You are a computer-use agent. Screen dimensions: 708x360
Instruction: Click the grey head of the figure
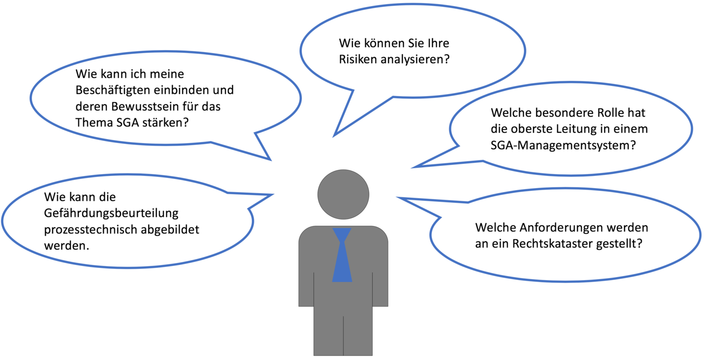(x=343, y=194)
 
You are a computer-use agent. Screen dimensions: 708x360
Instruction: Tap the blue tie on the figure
(x=342, y=255)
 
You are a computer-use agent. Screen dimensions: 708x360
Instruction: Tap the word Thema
(x=94, y=122)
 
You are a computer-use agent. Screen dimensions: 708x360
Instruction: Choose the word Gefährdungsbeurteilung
(x=111, y=213)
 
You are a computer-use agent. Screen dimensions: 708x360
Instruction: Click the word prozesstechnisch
(x=90, y=230)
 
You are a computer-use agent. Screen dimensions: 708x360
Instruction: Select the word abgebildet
(x=170, y=230)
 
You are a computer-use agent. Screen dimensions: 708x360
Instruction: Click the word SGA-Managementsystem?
(x=563, y=146)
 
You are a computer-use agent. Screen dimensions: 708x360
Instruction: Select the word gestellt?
(x=619, y=244)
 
